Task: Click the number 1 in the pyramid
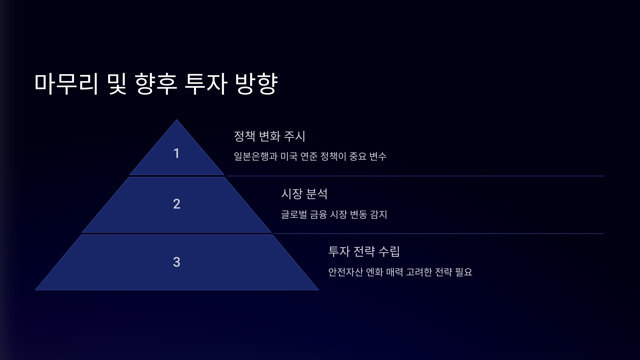pyautogui.click(x=176, y=153)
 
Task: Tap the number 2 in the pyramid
pyautogui.click(x=177, y=204)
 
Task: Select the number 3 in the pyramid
pyautogui.click(x=177, y=262)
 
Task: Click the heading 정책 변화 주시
pyautogui.click(x=269, y=136)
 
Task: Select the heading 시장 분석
pyautogui.click(x=304, y=194)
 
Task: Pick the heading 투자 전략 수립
pyautogui.click(x=364, y=251)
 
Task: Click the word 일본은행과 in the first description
pyautogui.click(x=256, y=156)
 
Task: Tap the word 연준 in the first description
pyautogui.click(x=309, y=156)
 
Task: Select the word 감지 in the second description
pyautogui.click(x=379, y=214)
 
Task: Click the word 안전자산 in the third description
pyautogui.click(x=345, y=272)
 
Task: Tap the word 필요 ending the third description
pyautogui.click(x=464, y=272)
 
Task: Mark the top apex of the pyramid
pyautogui.click(x=177, y=120)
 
